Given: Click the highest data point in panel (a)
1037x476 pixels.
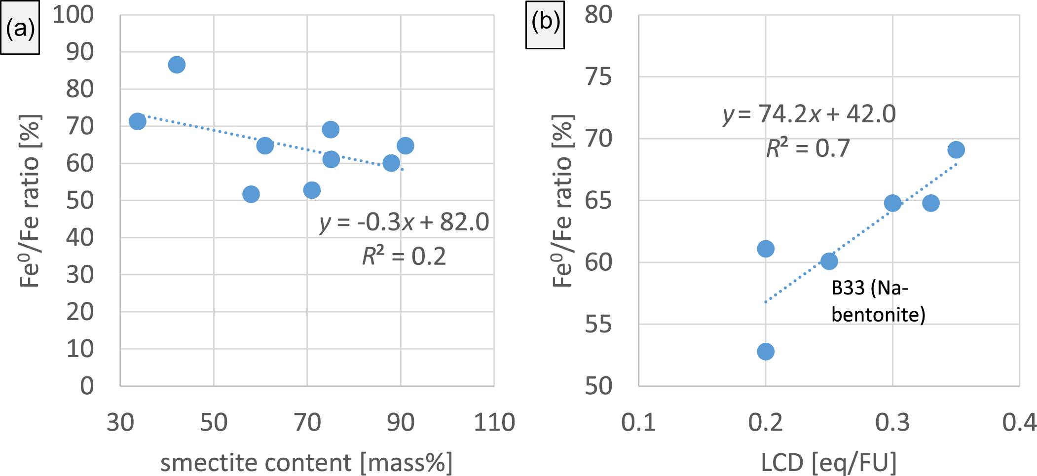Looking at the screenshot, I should [x=177, y=65].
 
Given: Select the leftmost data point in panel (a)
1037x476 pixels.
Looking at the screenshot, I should [x=138, y=121].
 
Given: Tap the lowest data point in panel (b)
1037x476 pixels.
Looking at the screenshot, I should [x=765, y=352].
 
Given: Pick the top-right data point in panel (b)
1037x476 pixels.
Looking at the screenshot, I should [x=956, y=149].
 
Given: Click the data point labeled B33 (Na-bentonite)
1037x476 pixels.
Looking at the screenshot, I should [x=829, y=261].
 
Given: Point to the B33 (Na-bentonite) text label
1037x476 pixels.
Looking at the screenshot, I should [x=878, y=301].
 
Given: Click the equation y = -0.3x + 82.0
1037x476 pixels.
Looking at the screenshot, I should [x=404, y=222].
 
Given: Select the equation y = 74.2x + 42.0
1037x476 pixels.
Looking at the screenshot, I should [x=809, y=114].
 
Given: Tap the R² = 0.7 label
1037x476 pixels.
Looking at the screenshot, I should [x=808, y=148].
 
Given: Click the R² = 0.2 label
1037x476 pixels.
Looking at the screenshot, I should [x=404, y=256].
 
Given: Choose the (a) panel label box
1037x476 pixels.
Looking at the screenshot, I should [x=20, y=29].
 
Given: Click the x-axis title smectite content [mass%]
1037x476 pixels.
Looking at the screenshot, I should [x=306, y=463].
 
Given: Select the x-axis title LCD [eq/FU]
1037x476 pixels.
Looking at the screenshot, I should [x=829, y=463].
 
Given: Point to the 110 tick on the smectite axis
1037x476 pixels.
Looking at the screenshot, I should [x=494, y=423].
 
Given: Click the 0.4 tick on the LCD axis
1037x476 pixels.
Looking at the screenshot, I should [x=1019, y=423].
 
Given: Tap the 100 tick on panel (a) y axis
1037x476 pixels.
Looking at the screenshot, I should [x=73, y=15].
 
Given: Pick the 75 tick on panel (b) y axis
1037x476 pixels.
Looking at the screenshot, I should [x=598, y=77].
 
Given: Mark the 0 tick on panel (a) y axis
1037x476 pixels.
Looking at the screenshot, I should [x=87, y=386].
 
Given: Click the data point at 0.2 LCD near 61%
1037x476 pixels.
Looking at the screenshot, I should [x=765, y=249].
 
